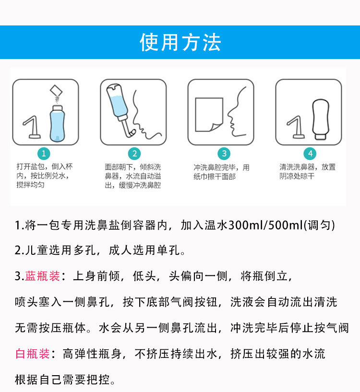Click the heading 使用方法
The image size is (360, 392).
click(x=180, y=43)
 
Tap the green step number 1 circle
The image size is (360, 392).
click(x=44, y=154)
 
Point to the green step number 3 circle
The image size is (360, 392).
click(x=224, y=154)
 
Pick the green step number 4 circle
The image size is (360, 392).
click(x=311, y=154)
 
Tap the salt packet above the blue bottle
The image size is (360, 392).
click(x=58, y=90)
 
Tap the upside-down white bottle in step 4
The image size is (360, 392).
click(x=322, y=118)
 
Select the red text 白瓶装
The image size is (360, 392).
click(x=33, y=354)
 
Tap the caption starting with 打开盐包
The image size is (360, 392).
click(x=44, y=176)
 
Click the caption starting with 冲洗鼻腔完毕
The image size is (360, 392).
click(x=222, y=172)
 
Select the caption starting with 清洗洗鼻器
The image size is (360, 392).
click(x=308, y=172)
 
